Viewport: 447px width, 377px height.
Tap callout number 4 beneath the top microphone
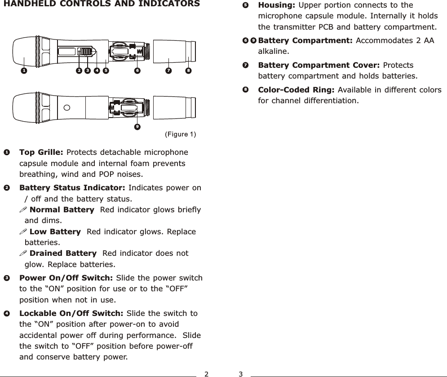coord(96,70)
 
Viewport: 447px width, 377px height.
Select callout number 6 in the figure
coord(137,70)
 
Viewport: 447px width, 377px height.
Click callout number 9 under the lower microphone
coord(137,126)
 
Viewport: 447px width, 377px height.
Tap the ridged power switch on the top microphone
coord(84,54)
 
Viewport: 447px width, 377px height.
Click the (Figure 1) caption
coord(180,134)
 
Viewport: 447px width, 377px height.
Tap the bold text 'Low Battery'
coord(55,232)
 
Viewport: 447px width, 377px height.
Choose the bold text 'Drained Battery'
coord(62,254)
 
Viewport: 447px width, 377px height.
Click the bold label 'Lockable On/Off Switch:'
coord(72,313)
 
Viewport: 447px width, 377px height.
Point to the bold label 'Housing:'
coord(276,5)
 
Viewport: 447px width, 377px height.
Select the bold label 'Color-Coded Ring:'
coord(296,90)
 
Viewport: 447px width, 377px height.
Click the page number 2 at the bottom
coord(206,373)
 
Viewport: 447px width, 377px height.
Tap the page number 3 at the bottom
coord(241,373)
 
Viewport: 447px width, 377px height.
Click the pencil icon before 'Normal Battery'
coord(23,210)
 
